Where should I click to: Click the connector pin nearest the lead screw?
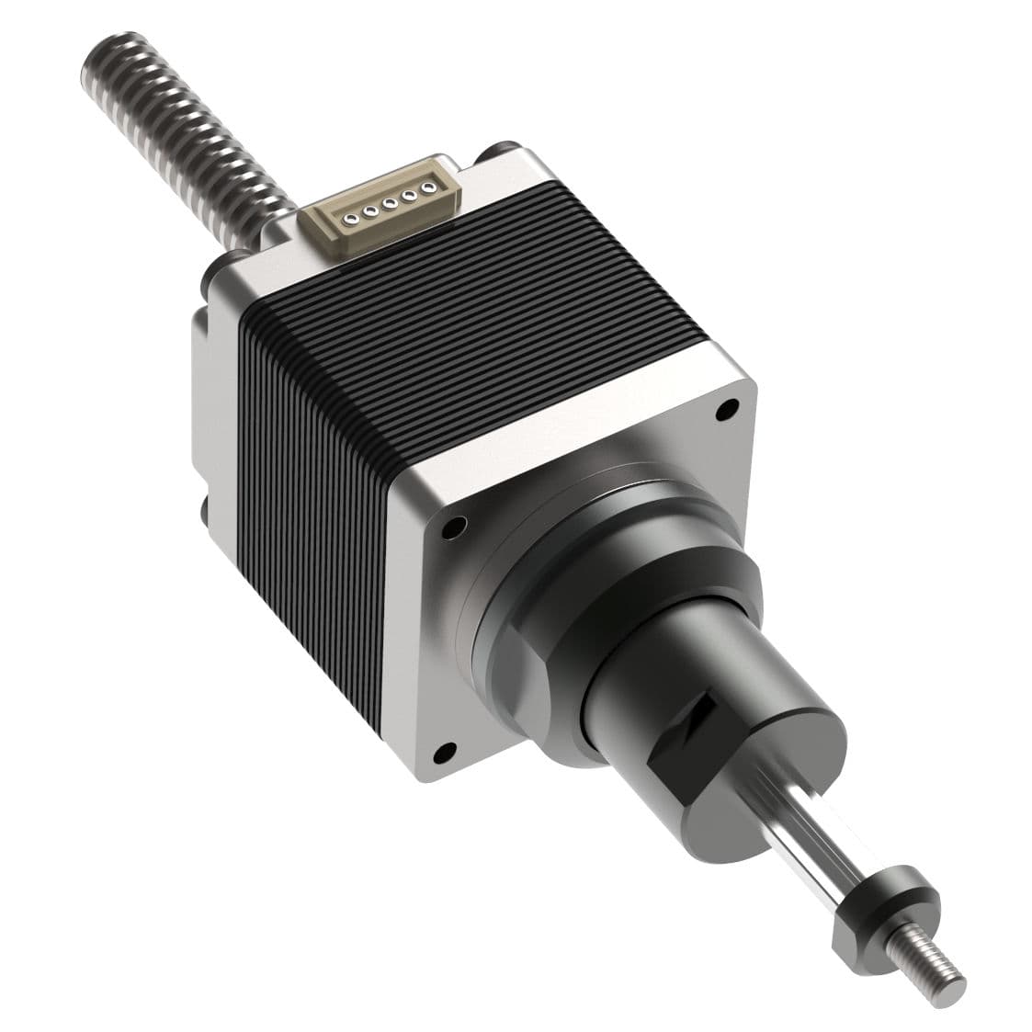point(350,219)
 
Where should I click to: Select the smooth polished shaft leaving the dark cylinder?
point(809,827)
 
